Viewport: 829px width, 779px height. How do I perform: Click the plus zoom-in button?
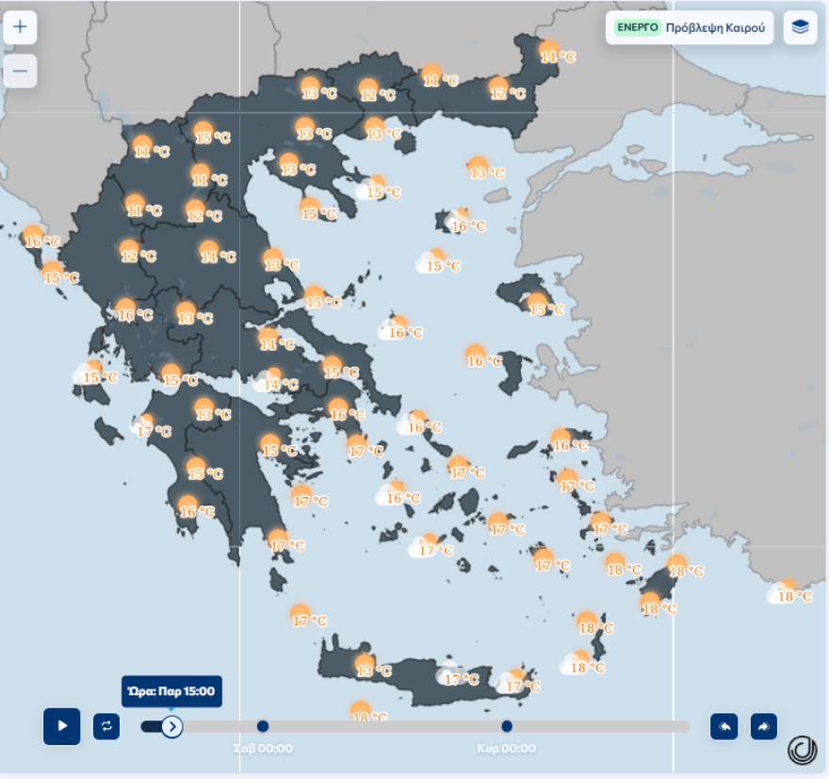click(20, 26)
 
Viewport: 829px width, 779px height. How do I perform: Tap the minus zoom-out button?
click(20, 71)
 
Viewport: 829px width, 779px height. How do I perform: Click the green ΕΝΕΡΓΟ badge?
click(638, 27)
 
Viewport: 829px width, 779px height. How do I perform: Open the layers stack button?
click(800, 27)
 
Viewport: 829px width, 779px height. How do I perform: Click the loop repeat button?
click(106, 726)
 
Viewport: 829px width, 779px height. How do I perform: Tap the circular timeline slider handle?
click(171, 726)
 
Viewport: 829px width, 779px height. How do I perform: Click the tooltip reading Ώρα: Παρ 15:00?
click(171, 691)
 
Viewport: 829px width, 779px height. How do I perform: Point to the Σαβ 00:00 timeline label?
click(263, 749)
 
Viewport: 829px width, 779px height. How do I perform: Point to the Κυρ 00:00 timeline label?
click(506, 749)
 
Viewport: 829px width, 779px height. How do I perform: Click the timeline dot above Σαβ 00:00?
click(263, 726)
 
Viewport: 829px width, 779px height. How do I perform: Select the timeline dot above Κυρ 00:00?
click(507, 726)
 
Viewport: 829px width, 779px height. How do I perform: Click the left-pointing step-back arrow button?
click(723, 726)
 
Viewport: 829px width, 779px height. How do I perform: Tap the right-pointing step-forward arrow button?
click(764, 726)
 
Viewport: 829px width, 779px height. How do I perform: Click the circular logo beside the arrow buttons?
click(803, 750)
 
